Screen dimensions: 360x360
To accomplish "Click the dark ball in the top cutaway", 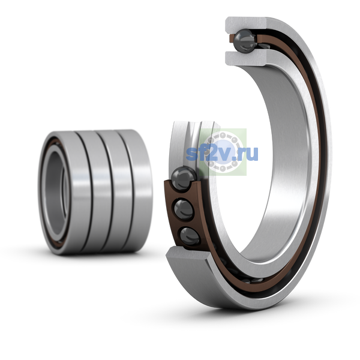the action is coord(245,40).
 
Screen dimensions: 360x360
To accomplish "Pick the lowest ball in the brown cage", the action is coord(190,236).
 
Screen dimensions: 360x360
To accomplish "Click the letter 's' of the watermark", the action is coord(191,154).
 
